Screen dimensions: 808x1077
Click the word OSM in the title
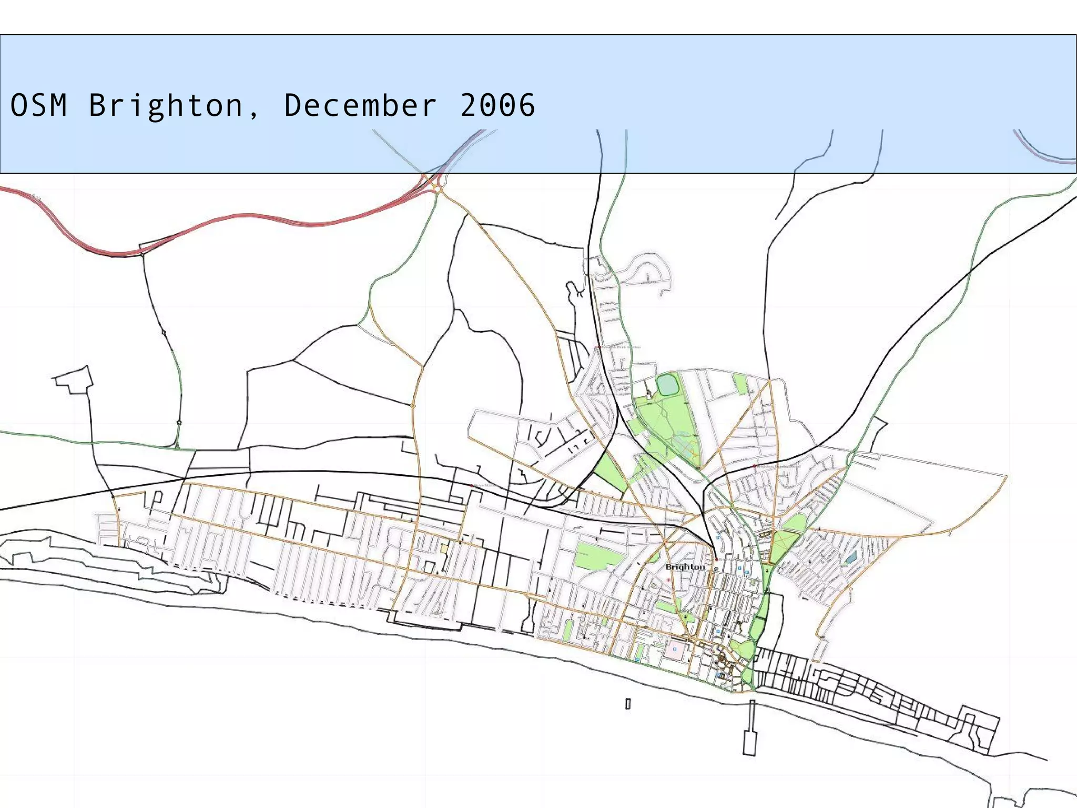(39, 105)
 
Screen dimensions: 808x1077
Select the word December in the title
(360, 105)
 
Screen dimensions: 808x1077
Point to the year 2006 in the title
(497, 105)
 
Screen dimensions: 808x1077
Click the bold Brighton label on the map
(685, 567)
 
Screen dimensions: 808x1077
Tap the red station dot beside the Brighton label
(716, 560)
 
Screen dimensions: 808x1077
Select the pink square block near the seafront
(675, 650)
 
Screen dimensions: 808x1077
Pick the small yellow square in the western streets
(444, 548)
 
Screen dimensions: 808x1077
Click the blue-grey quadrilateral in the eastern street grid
(850, 557)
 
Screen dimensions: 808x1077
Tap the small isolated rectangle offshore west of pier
(628, 704)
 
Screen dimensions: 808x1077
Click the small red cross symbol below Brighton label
(669, 580)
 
